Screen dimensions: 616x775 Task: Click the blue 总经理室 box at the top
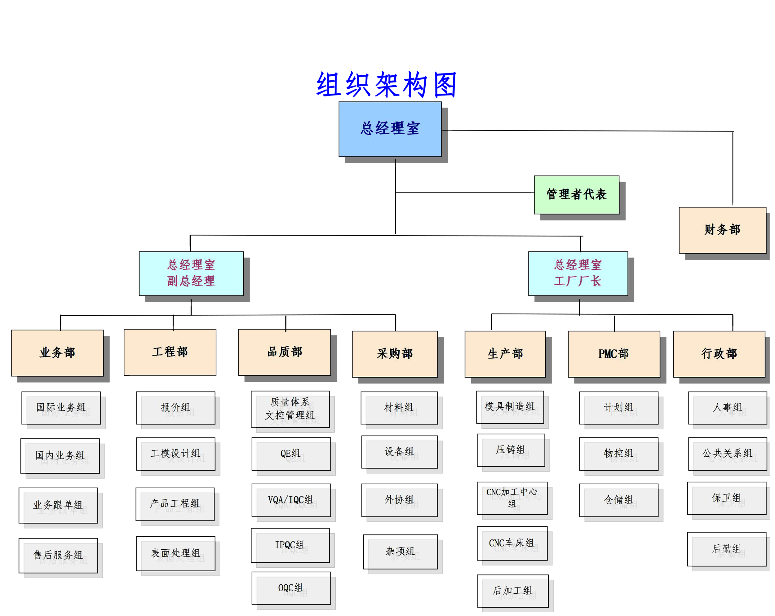[x=390, y=129]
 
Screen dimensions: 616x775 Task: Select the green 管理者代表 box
[x=576, y=194]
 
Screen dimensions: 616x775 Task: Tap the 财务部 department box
[x=722, y=230]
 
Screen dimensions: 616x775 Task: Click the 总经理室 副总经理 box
[x=191, y=273]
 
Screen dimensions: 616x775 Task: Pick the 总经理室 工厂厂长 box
[x=578, y=273]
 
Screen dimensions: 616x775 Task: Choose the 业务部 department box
[x=58, y=352]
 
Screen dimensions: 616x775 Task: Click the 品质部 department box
[x=284, y=352]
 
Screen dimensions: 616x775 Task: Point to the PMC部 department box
[x=613, y=354]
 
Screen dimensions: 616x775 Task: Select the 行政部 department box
[x=719, y=354]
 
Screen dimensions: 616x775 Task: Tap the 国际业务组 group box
[x=61, y=408]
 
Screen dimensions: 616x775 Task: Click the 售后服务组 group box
[x=58, y=555]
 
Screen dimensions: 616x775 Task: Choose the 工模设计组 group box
[x=175, y=454]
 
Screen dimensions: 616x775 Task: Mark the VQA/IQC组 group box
[x=291, y=500]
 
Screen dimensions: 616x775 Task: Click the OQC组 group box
[x=291, y=588]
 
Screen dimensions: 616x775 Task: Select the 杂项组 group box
[x=400, y=551]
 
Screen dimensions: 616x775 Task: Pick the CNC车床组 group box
[x=512, y=543]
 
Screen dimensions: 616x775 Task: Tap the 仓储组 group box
[x=618, y=500]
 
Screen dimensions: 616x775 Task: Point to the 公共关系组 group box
[x=727, y=454]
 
